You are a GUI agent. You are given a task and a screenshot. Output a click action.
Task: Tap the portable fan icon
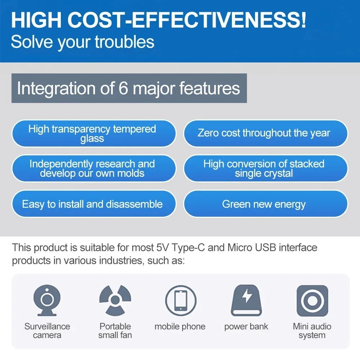[115, 300]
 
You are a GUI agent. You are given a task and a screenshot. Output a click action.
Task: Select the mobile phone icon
[181, 301]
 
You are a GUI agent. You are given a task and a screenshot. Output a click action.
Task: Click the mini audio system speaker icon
[312, 301]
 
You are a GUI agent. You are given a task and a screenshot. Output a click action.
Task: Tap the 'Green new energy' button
[266, 204]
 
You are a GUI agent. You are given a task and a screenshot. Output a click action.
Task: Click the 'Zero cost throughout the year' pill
[266, 133]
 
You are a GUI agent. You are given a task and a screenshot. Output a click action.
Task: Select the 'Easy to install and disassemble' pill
[94, 204]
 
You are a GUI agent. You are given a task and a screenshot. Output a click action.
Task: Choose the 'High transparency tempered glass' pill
[94, 133]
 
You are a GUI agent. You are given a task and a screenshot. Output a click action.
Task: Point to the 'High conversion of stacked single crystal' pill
[266, 168]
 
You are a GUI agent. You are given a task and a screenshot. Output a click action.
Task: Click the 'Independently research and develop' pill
[94, 168]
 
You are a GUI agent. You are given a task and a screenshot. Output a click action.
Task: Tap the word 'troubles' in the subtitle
[125, 42]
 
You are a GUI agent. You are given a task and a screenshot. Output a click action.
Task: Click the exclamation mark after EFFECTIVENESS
[303, 20]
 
